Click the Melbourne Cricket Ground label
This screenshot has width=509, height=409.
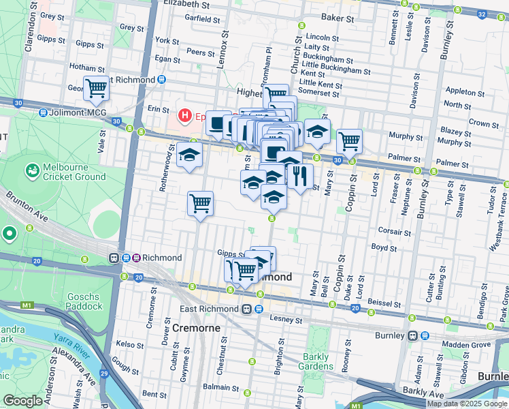click(74, 172)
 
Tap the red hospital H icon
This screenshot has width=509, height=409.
click(184, 116)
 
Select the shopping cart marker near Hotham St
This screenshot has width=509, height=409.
click(97, 88)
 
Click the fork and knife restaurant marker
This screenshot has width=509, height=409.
click(300, 176)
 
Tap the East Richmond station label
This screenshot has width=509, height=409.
click(211, 309)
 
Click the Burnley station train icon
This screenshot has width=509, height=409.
click(413, 335)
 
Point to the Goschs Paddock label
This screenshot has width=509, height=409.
click(84, 301)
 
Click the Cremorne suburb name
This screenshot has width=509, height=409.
click(196, 328)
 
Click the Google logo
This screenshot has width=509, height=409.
click(23, 400)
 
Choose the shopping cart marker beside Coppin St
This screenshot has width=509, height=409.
click(349, 141)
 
